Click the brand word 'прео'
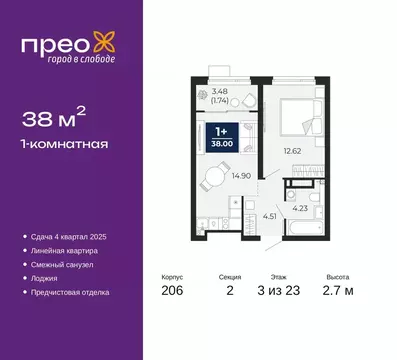[x=58, y=43]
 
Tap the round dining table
[x=217, y=177]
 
